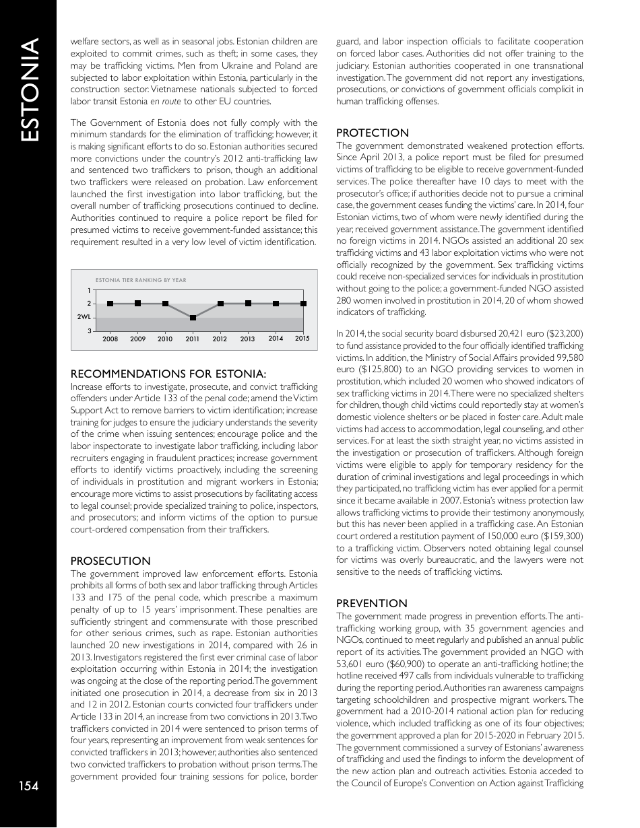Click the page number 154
click(x=28, y=786)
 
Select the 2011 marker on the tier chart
click(x=193, y=318)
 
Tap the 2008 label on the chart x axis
click(x=110, y=339)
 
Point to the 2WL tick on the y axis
click(x=84, y=317)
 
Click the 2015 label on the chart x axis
click(x=302, y=339)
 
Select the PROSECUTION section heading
click(x=110, y=561)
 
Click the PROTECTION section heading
click(x=372, y=133)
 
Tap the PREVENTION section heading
click(x=371, y=603)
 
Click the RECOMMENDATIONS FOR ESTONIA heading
click(x=168, y=373)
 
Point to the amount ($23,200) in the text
click(x=564, y=333)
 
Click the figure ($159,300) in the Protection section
click(x=561, y=535)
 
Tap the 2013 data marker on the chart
click(x=248, y=304)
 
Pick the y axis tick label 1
click(x=90, y=290)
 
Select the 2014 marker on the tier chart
click(x=276, y=304)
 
